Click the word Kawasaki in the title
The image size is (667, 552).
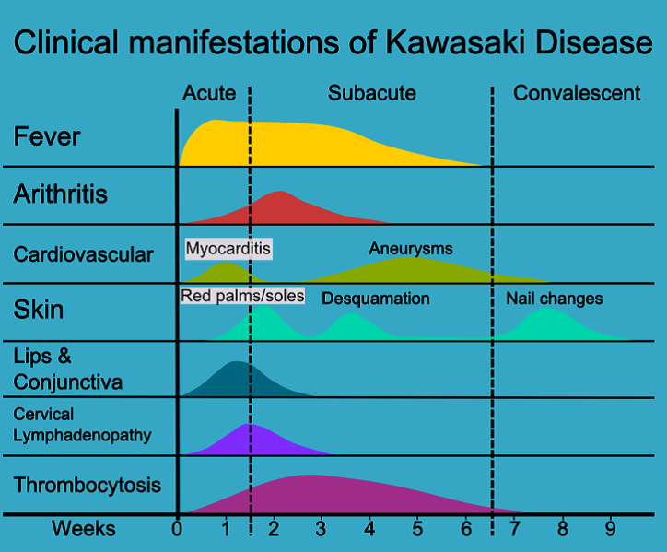point(440,43)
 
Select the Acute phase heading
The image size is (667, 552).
point(209,93)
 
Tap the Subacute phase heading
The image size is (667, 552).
point(371,93)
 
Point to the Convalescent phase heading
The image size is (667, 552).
point(577,93)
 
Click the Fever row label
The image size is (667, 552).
point(47,137)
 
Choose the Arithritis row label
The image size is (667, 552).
point(61,194)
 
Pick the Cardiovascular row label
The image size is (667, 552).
point(83,253)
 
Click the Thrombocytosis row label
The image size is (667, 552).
point(88,485)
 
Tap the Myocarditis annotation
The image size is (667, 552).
point(229,248)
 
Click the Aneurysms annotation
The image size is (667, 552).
point(411,248)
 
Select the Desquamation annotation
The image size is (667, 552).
point(375,299)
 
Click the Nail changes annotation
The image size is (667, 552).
point(555,299)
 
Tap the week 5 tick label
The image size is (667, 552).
point(417,529)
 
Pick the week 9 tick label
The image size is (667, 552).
point(610,529)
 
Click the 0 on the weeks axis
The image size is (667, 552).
point(177,529)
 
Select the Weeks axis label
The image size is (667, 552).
point(84,529)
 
